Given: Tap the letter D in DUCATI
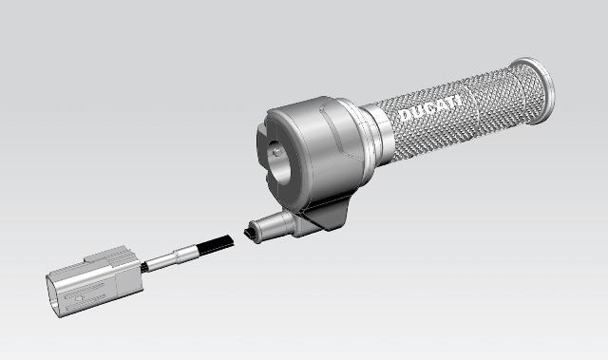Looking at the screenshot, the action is [x=405, y=115].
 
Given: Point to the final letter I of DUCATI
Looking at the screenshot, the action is [x=459, y=99].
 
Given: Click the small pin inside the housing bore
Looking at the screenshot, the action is [x=276, y=152].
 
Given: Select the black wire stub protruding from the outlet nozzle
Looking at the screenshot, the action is [x=249, y=234].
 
